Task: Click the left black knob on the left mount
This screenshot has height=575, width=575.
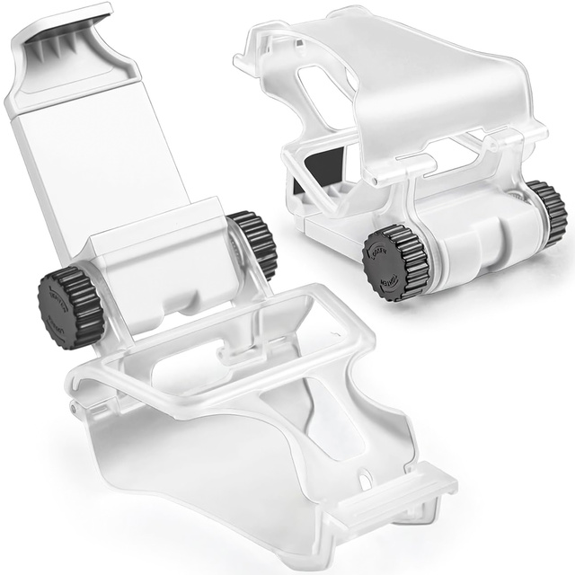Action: (68, 300)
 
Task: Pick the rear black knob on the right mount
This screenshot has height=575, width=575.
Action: (546, 212)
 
